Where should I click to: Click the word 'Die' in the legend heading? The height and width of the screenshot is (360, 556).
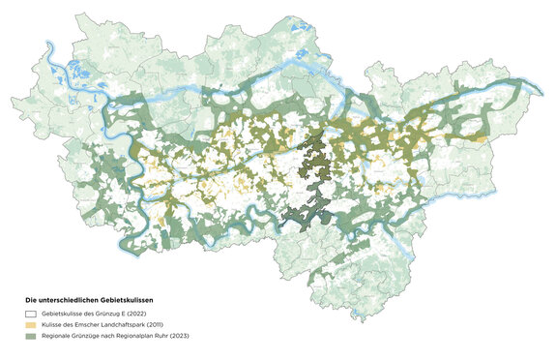click(x=31, y=300)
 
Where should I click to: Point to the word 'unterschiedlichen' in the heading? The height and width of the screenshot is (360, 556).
click(x=66, y=300)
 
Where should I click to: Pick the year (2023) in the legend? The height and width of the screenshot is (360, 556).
click(x=177, y=338)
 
